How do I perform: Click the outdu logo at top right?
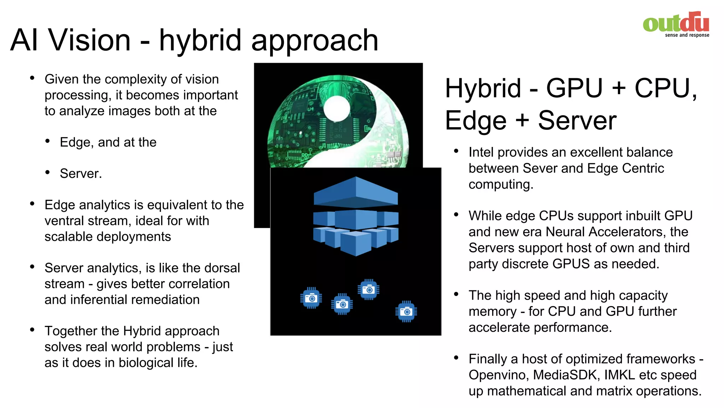tap(676, 23)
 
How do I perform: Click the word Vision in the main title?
tap(90, 40)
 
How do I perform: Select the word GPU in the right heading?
tap(574, 88)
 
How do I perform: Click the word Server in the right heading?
tap(577, 121)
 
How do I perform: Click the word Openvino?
tap(499, 375)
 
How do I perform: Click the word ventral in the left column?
tap(64, 221)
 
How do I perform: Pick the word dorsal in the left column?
tap(222, 268)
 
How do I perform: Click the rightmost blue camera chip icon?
tap(406, 312)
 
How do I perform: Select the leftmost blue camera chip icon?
tap(311, 298)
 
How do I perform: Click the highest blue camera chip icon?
tap(368, 290)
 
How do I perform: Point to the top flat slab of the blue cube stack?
tap(356, 192)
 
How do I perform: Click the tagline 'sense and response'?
tap(687, 35)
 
